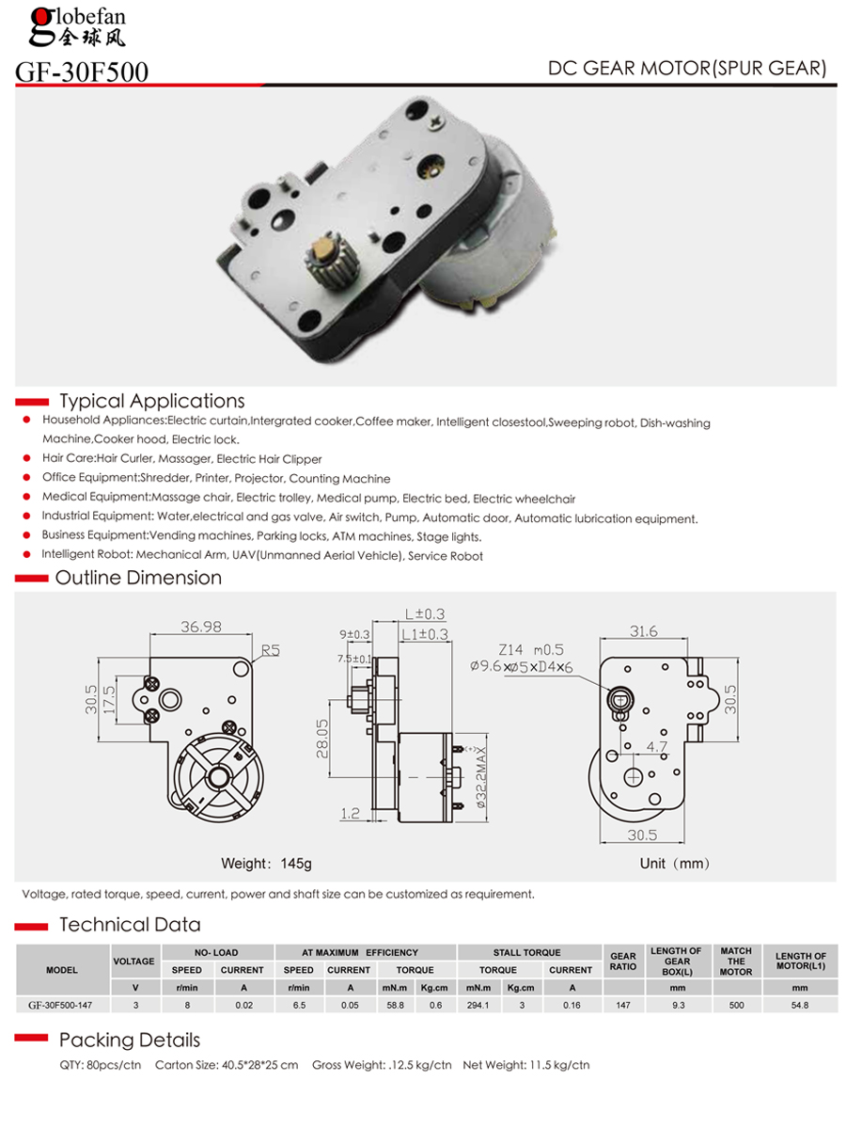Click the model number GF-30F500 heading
point(82,72)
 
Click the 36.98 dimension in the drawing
point(201,627)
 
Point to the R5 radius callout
point(271,649)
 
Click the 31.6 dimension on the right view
point(644,631)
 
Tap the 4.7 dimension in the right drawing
point(657,748)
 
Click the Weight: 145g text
point(266,863)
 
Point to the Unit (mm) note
point(675,863)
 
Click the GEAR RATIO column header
point(623,961)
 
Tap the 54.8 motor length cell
point(800,1005)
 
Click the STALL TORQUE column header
point(526,952)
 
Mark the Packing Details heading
point(130,1040)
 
